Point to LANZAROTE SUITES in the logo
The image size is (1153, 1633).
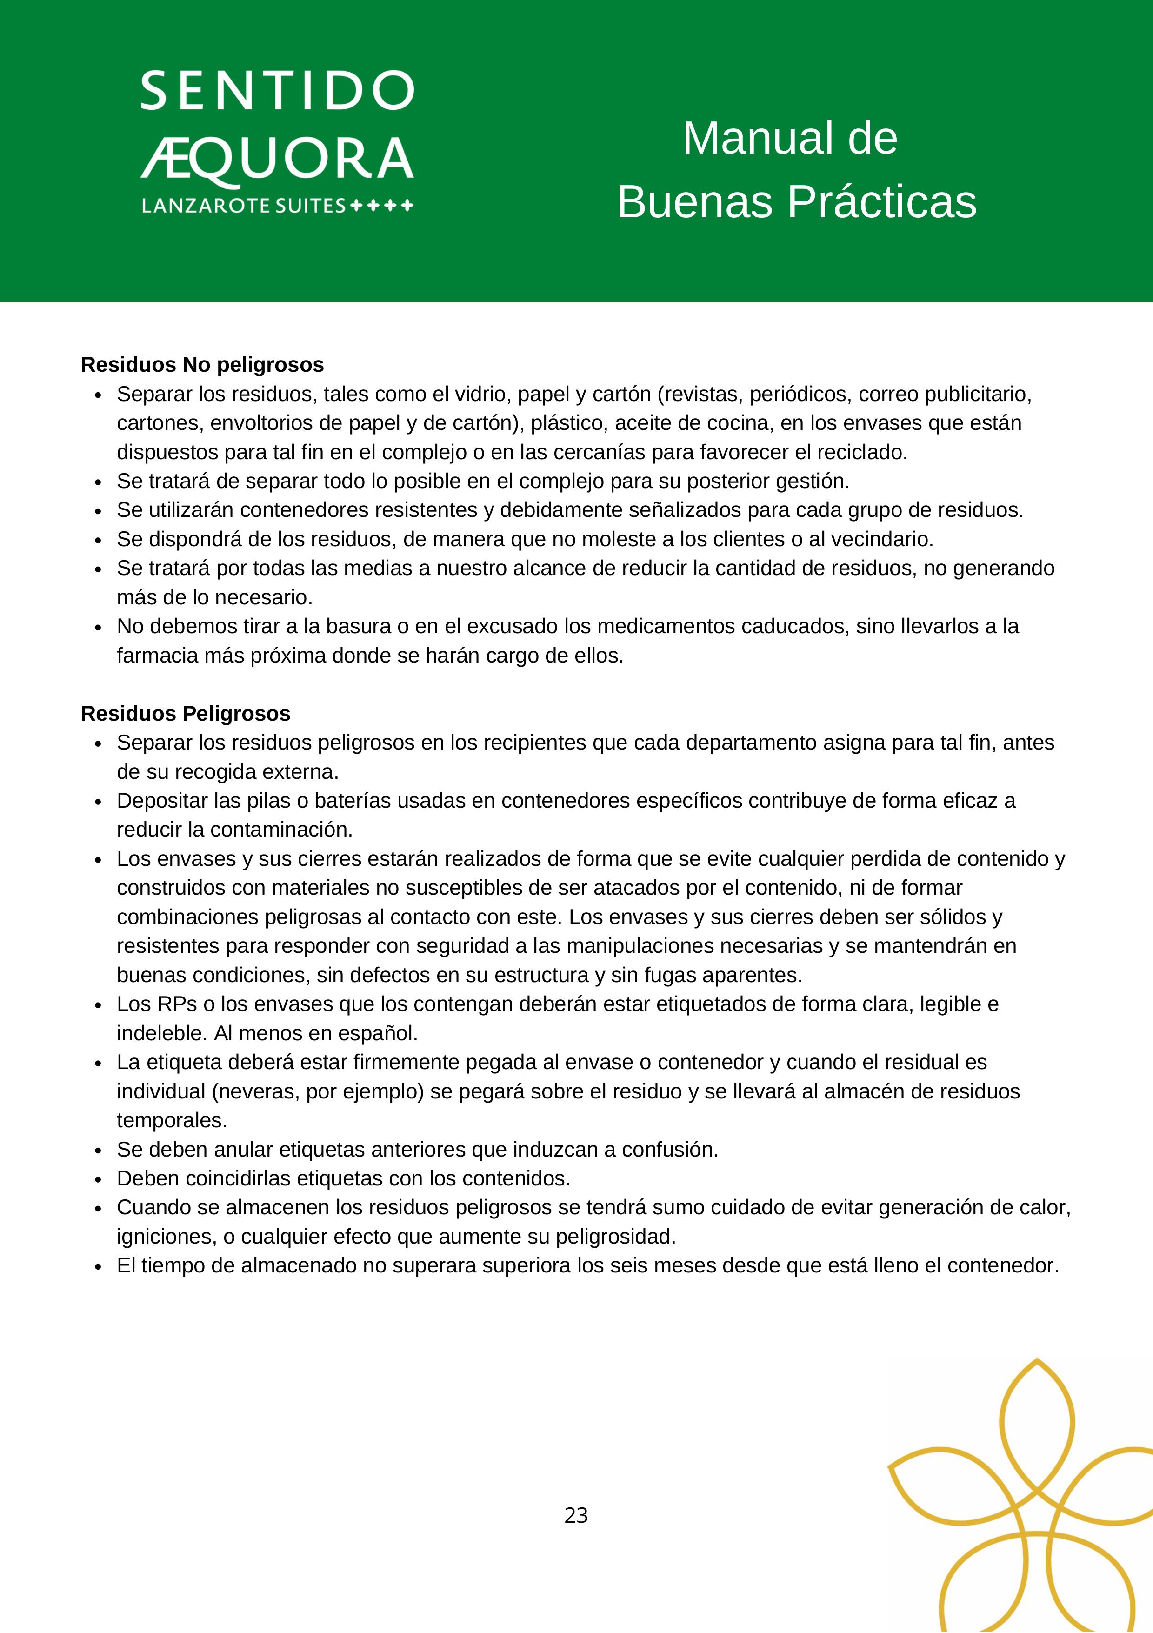click(243, 206)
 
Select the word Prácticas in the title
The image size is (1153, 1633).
click(881, 202)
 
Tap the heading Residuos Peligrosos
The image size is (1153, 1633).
click(186, 713)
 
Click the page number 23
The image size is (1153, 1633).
click(576, 1516)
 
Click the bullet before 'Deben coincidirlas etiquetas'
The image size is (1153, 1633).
click(98, 1180)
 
